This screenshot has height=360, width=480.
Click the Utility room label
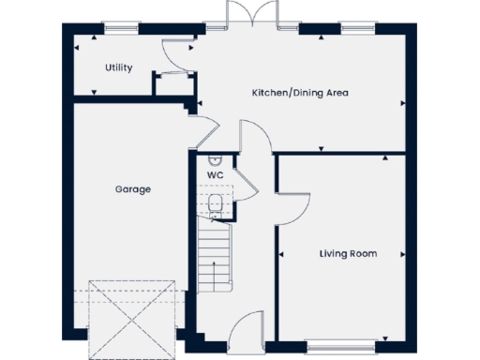[119, 67]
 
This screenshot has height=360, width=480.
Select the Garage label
[133, 189]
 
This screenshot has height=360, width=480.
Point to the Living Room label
[348, 253]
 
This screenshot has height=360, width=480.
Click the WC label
[214, 173]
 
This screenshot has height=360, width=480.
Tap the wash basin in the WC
[215, 159]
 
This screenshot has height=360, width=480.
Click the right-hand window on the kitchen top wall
[354, 30]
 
